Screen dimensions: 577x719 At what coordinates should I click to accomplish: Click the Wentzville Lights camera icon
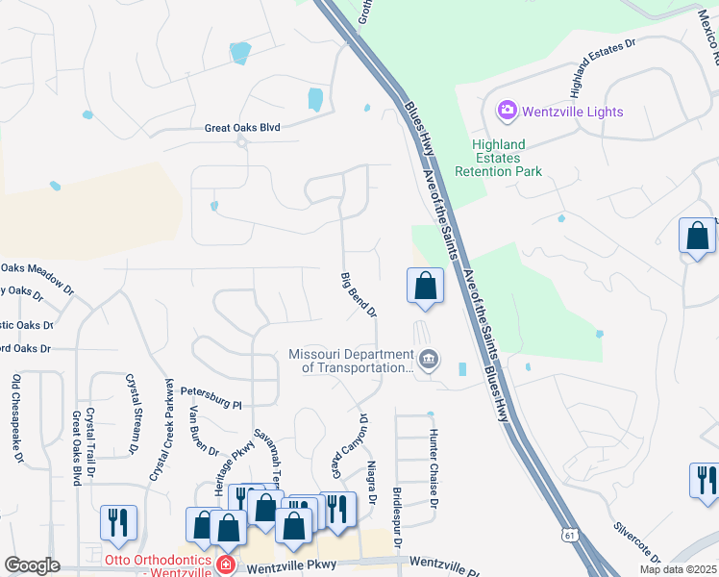point(507,112)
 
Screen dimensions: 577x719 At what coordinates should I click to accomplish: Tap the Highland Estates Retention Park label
point(498,158)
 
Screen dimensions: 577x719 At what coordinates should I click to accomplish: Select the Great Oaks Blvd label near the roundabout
point(241,127)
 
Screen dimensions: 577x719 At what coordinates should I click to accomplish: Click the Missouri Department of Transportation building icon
point(429,361)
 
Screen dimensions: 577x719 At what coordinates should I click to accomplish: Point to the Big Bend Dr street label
point(359,295)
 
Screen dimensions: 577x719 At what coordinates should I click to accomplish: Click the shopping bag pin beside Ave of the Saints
point(425,287)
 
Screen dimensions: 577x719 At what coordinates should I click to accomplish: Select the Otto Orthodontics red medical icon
point(225,563)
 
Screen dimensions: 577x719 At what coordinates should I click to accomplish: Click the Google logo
point(32,565)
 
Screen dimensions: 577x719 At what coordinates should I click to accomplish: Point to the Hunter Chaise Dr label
point(434,468)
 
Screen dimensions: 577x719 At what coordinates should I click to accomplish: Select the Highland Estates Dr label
point(603,68)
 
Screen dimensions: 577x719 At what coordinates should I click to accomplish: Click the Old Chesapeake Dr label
point(17,418)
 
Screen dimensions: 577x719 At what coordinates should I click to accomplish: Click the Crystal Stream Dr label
point(133,414)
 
